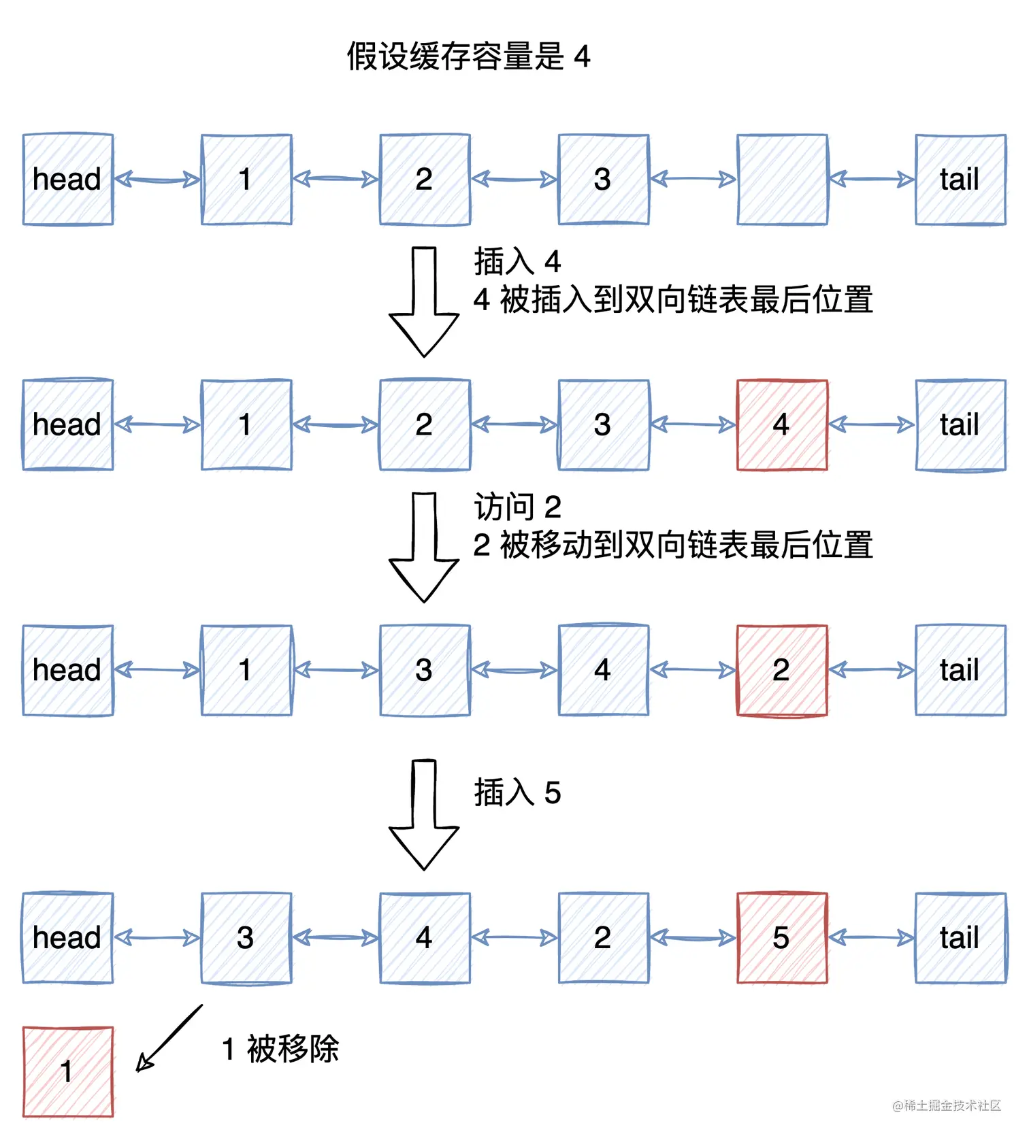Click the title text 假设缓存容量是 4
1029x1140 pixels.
468,56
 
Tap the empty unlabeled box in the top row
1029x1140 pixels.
782,180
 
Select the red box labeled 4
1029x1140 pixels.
782,425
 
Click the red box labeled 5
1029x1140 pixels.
782,938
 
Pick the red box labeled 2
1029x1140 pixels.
782,671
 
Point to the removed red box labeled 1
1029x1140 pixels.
68,1071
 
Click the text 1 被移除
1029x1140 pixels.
280,1049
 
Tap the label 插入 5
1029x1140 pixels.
517,793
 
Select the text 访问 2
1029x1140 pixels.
517,507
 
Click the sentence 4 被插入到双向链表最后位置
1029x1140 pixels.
672,300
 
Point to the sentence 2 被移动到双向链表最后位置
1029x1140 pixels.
672,546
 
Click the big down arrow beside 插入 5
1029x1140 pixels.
424,815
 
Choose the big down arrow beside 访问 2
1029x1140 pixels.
424,548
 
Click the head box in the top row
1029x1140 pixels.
68,180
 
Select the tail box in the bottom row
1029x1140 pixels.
960,938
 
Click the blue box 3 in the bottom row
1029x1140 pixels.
246,938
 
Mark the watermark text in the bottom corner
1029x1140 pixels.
947,1105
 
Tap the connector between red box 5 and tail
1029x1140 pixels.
871,938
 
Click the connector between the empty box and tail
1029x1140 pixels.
871,180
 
